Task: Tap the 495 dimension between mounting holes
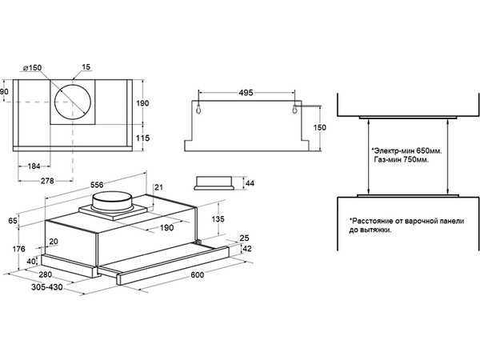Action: point(246,93)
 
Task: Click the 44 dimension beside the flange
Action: point(249,183)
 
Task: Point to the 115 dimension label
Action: point(142,139)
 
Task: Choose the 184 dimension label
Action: point(33,166)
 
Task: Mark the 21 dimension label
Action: point(158,187)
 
